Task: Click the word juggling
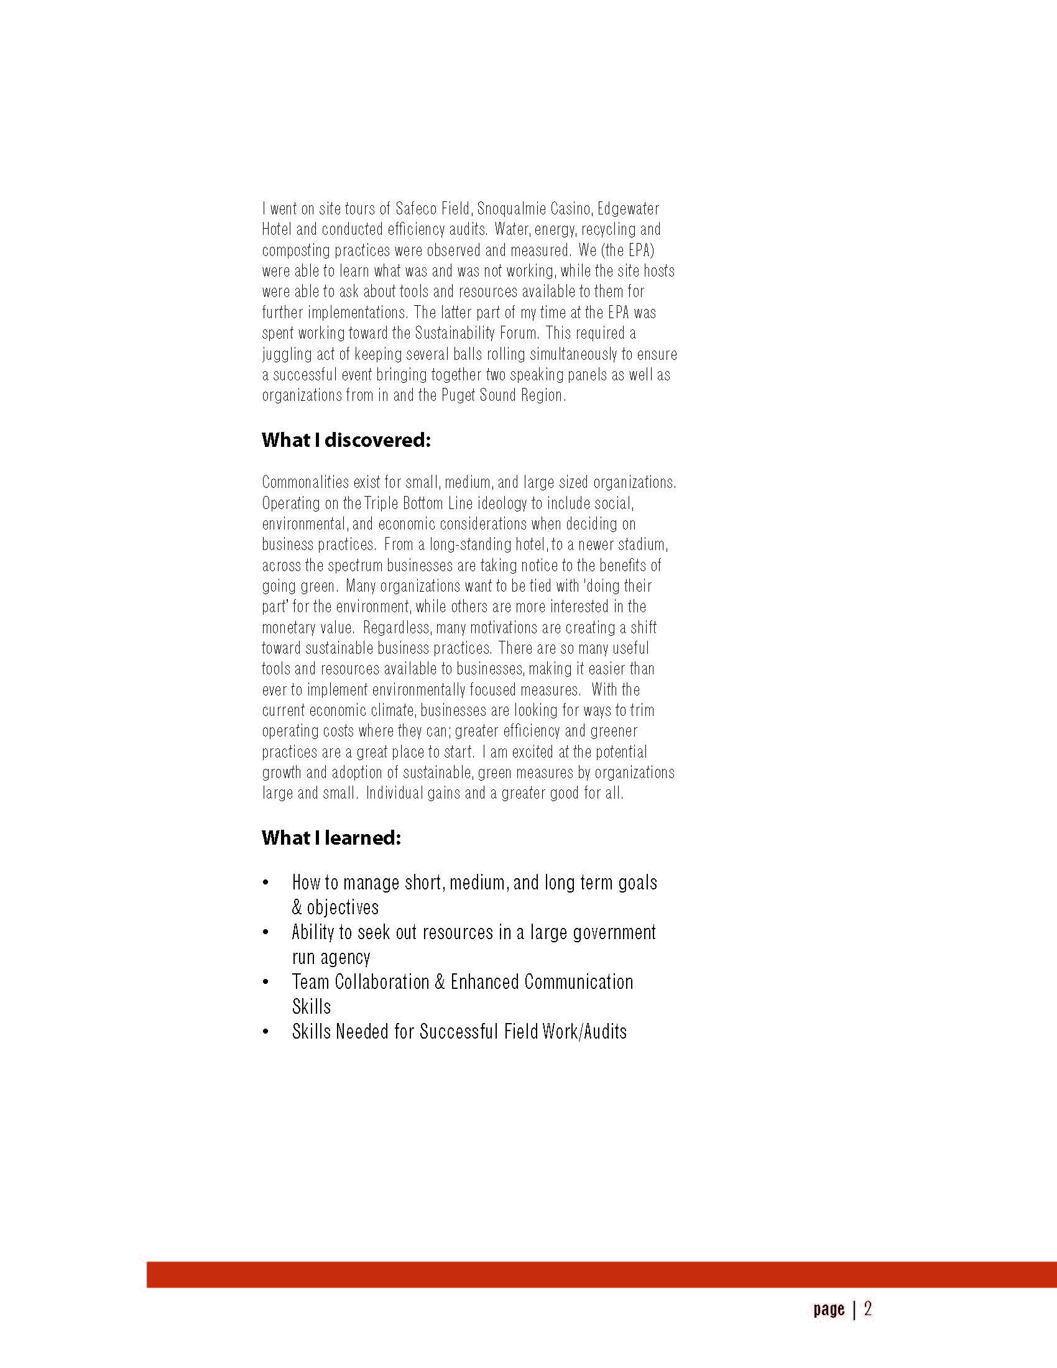(x=287, y=354)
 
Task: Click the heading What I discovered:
(x=346, y=440)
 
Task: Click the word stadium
(x=642, y=544)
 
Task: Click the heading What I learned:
(x=331, y=837)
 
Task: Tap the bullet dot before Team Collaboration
(x=266, y=982)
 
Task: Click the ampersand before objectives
(x=297, y=907)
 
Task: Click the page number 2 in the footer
(x=868, y=1309)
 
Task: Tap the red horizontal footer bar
(x=601, y=1275)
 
